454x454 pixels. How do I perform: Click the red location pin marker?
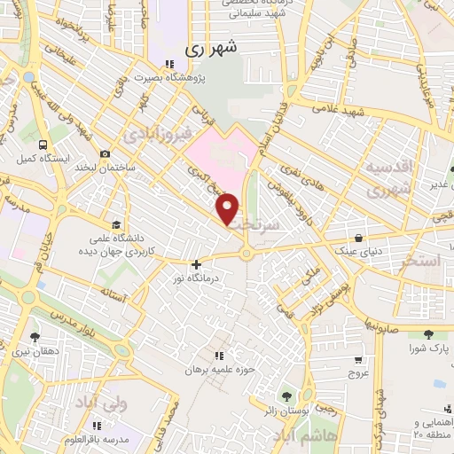[x=228, y=208]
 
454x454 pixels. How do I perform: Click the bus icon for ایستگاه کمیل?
[x=43, y=144]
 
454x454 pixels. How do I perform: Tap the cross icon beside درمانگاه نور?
[x=197, y=263]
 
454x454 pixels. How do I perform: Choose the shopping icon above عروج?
[x=357, y=359]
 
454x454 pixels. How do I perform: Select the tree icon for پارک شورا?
[x=429, y=335]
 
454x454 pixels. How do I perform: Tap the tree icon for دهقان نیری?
[x=35, y=337]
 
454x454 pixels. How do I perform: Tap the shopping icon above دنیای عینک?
[x=357, y=238]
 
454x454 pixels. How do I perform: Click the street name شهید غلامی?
[x=336, y=108]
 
